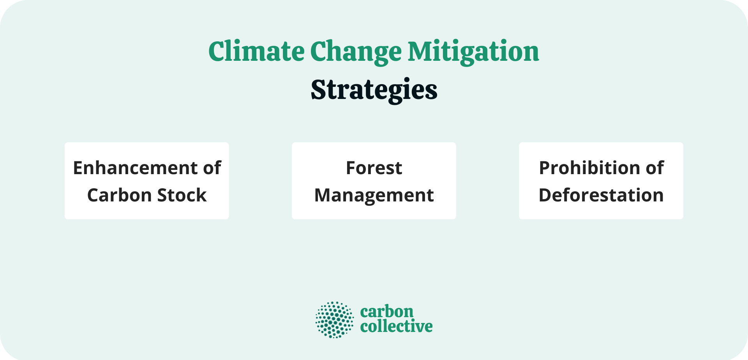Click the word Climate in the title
click(256, 51)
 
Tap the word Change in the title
click(356, 51)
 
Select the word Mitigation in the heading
click(473, 51)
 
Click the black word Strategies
click(374, 90)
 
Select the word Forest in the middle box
click(374, 168)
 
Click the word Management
click(374, 195)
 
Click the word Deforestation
click(601, 195)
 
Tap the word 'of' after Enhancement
click(212, 168)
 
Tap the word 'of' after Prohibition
click(655, 168)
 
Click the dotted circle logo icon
click(334, 319)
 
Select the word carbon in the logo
click(386, 312)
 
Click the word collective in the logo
click(396, 326)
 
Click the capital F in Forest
click(351, 168)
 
